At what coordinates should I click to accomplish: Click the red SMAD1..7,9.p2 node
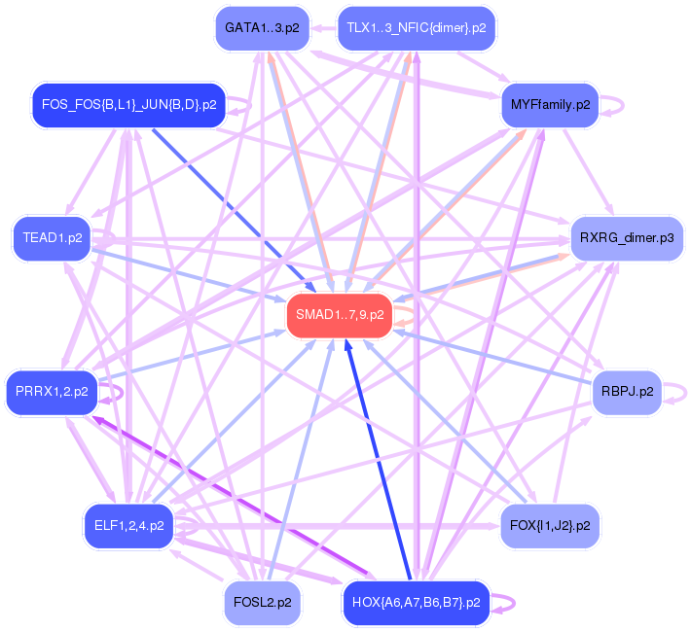(339, 315)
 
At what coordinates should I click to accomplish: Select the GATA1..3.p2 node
(261, 27)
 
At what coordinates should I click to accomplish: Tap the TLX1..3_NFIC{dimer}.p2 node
(416, 27)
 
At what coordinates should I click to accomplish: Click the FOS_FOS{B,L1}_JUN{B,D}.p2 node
(128, 103)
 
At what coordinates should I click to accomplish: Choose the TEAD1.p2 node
(52, 237)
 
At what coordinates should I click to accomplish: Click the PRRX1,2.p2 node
(52, 392)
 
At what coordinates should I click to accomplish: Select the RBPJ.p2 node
(626, 392)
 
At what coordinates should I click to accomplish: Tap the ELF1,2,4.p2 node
(128, 526)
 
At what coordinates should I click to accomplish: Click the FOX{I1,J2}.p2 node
(550, 526)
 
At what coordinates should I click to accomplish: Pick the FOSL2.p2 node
(261, 603)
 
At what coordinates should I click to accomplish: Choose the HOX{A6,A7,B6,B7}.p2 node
(416, 603)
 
